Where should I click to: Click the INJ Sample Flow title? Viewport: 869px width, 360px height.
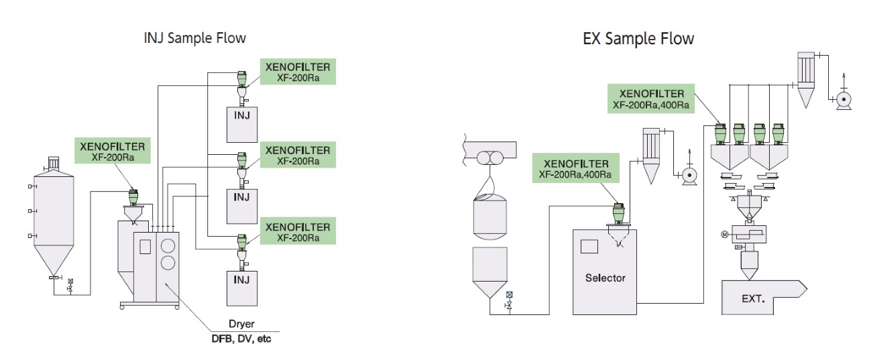click(195, 38)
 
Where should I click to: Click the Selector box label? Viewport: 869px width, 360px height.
click(605, 278)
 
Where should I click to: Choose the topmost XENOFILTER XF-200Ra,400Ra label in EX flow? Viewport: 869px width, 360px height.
click(652, 99)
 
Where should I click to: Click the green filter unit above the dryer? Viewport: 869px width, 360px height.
click(133, 196)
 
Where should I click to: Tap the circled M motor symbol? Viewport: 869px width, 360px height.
click(723, 234)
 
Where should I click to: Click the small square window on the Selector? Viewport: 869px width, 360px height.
click(589, 246)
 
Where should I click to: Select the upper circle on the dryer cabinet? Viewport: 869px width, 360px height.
click(168, 243)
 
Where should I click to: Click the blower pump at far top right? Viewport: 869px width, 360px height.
click(843, 99)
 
